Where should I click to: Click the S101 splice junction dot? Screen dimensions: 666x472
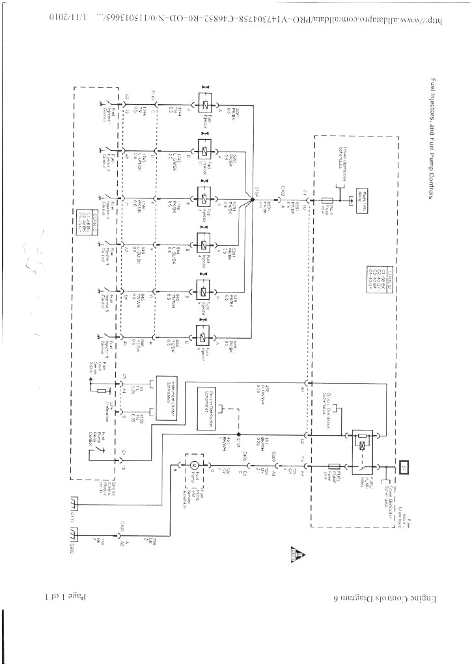click(x=239, y=434)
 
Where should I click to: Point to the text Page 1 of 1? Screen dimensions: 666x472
click(x=66, y=596)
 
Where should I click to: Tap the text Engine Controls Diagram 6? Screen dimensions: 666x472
click(x=371, y=597)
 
